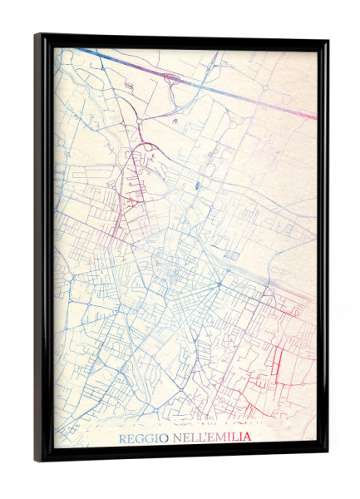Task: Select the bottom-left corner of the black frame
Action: (37, 459)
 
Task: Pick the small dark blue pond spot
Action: (196, 186)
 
